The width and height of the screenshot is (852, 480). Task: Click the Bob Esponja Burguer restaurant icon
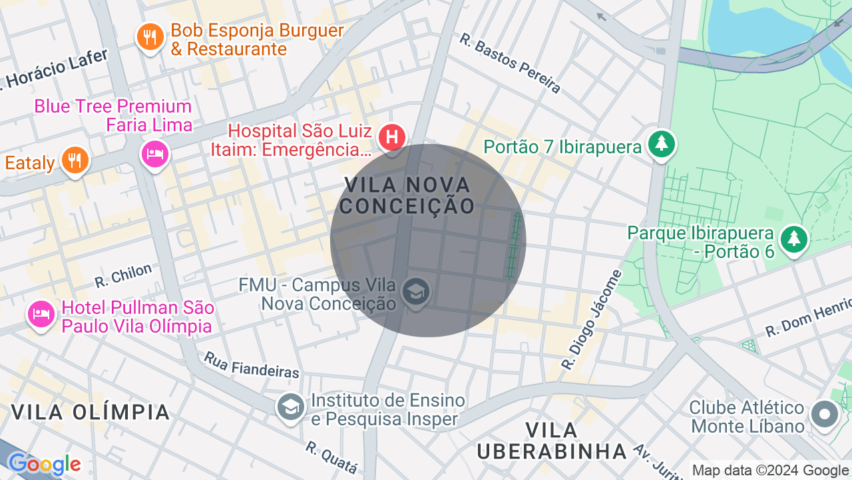click(x=150, y=37)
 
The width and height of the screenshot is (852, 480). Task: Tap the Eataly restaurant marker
click(x=75, y=160)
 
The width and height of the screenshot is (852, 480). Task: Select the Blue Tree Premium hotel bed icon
click(x=155, y=154)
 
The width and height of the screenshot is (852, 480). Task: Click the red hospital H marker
click(x=392, y=137)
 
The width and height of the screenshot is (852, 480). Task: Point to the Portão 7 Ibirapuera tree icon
click(x=661, y=143)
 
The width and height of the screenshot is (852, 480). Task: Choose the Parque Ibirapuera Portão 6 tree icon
click(x=793, y=238)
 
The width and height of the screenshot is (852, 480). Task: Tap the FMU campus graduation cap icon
click(x=416, y=291)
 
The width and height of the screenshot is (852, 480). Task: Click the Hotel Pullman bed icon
click(x=41, y=314)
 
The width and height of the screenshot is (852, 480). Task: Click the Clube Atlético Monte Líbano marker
click(x=825, y=413)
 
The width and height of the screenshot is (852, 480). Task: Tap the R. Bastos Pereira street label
click(x=510, y=63)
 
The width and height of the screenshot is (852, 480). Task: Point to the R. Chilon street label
click(x=123, y=275)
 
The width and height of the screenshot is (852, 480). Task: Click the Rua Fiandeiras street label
click(x=252, y=365)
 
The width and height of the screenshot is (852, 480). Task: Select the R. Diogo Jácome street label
click(x=592, y=320)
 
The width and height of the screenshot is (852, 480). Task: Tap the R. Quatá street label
click(x=332, y=457)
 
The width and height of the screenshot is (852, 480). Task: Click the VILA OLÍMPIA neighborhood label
click(x=91, y=412)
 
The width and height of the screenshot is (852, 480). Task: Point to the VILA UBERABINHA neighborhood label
click(x=552, y=441)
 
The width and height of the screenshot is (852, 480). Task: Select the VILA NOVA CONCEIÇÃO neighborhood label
click(x=407, y=195)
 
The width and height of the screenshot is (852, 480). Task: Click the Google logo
click(x=44, y=464)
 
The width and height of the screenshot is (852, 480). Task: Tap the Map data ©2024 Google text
click(x=771, y=471)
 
